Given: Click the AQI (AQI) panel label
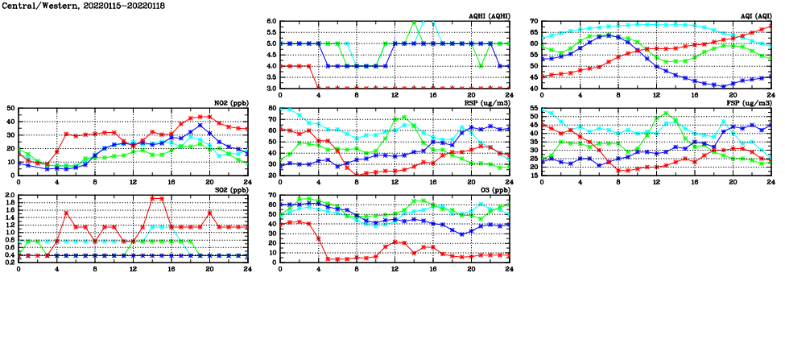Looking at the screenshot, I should point(754,16).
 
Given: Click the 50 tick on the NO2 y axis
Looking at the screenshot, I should point(10,108).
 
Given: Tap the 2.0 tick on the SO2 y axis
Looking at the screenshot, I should point(9,196).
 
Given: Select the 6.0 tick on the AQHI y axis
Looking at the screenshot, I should point(271,21).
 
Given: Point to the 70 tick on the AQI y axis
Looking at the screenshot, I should point(533,21).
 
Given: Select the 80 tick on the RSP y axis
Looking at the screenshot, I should point(271,108).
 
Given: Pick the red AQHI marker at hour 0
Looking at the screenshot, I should point(280,66).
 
